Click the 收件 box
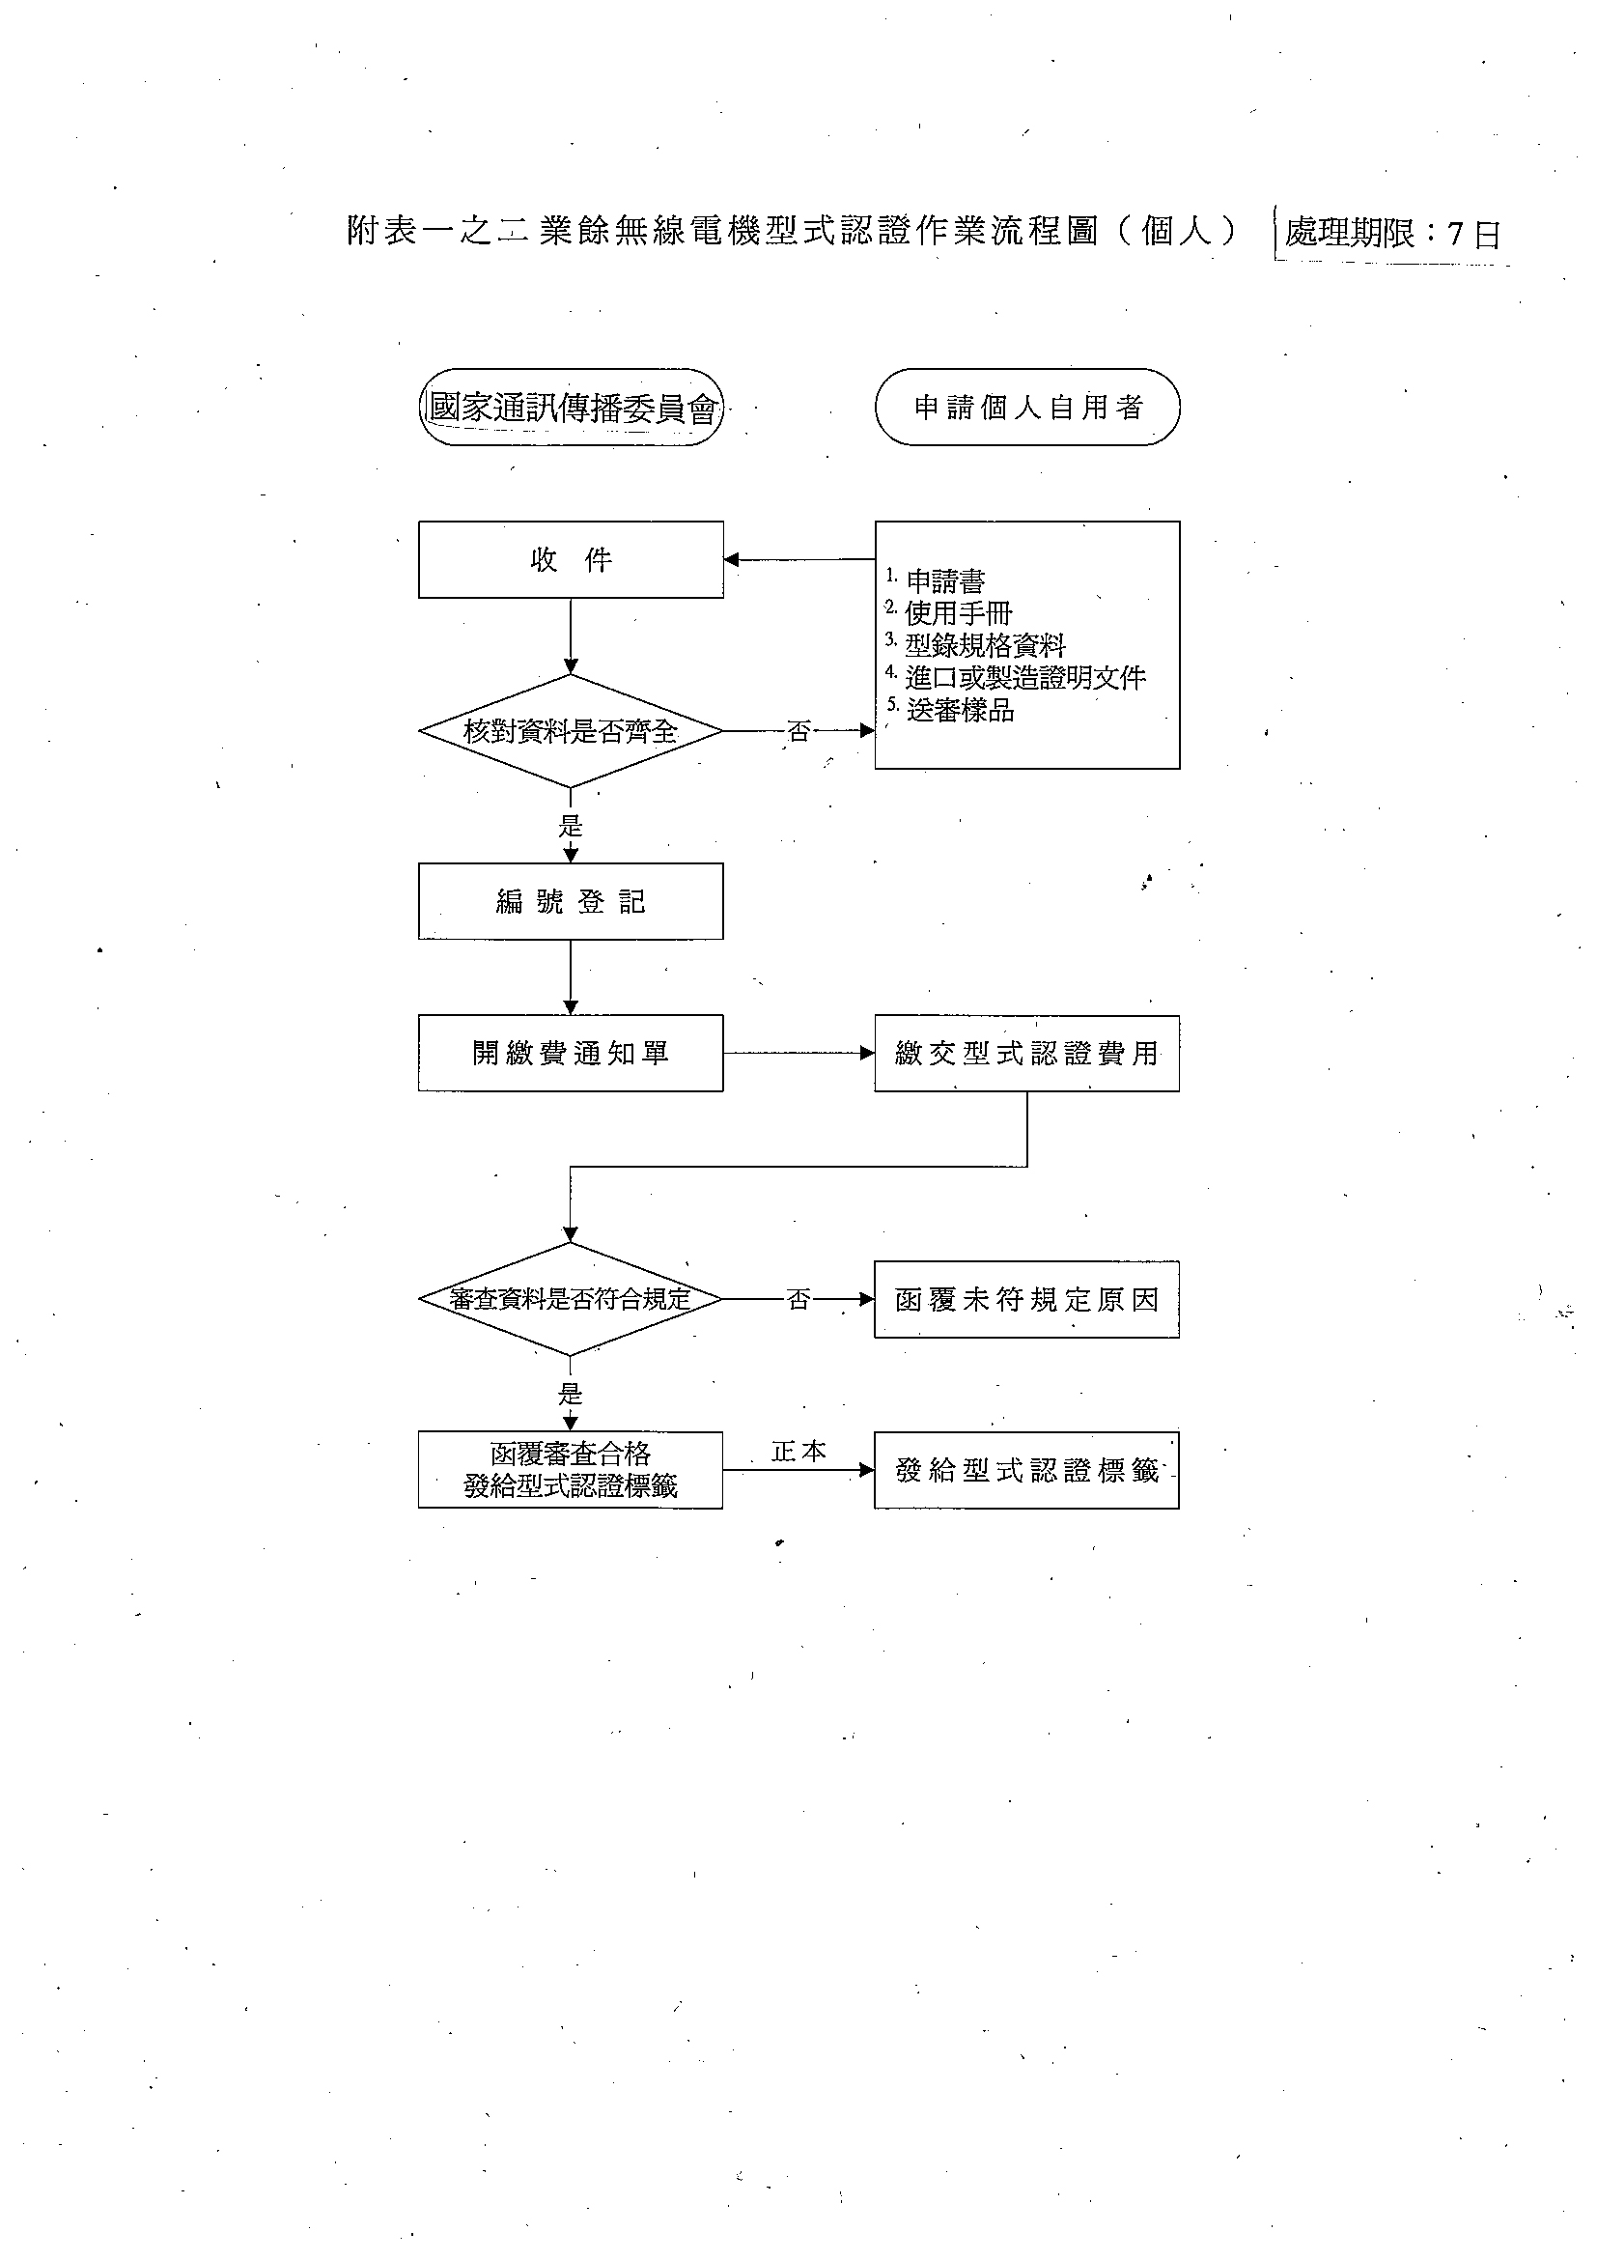coord(571,559)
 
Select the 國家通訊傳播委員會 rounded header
coord(571,408)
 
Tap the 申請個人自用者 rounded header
coord(1027,408)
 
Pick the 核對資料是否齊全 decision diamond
coord(571,730)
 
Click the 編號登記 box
coord(571,901)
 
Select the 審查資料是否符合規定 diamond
coord(571,1299)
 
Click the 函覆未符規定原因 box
coord(1027,1299)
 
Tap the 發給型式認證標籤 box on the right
coord(1027,1471)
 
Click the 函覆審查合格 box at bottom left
coord(571,1471)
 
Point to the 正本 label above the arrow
coord(799,1451)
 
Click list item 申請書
coord(944,580)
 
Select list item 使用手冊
coord(959,613)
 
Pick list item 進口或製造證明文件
coord(1025,677)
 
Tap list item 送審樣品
coord(960,710)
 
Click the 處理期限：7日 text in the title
coord(1392,234)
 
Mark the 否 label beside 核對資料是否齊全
coord(799,731)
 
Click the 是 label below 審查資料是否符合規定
coord(571,1393)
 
